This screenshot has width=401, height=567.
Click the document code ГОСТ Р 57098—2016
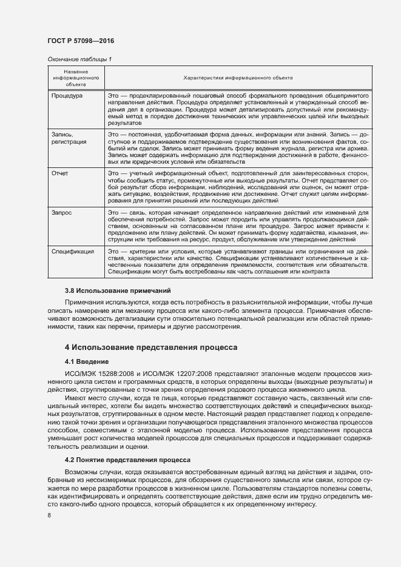pyautogui.click(x=80, y=41)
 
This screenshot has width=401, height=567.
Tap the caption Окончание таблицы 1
pyautogui.click(x=79, y=59)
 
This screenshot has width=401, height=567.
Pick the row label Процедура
pyautogui.click(x=67, y=96)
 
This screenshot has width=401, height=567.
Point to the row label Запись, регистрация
pyautogui.click(x=69, y=138)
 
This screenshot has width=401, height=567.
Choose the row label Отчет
pyautogui.click(x=60, y=173)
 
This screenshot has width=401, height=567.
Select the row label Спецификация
pyautogui.click(x=73, y=251)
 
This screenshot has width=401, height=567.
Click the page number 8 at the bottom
pyautogui.click(x=49, y=515)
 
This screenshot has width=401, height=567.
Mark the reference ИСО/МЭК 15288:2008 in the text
pyautogui.click(x=96, y=374)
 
